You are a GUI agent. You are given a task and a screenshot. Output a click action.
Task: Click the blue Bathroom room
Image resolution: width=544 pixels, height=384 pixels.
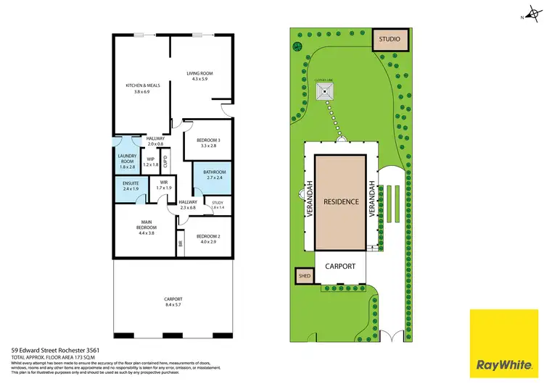coord(209,175)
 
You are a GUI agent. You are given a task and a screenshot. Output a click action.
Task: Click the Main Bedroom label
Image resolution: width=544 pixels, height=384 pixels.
coord(141,230)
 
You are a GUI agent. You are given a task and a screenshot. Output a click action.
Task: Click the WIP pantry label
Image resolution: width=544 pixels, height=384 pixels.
coord(152,161)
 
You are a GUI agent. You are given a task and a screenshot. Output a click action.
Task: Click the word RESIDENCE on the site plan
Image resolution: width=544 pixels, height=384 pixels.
coord(341,201)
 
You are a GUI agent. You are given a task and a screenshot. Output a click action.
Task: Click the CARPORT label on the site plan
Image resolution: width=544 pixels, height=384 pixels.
coord(340,266)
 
